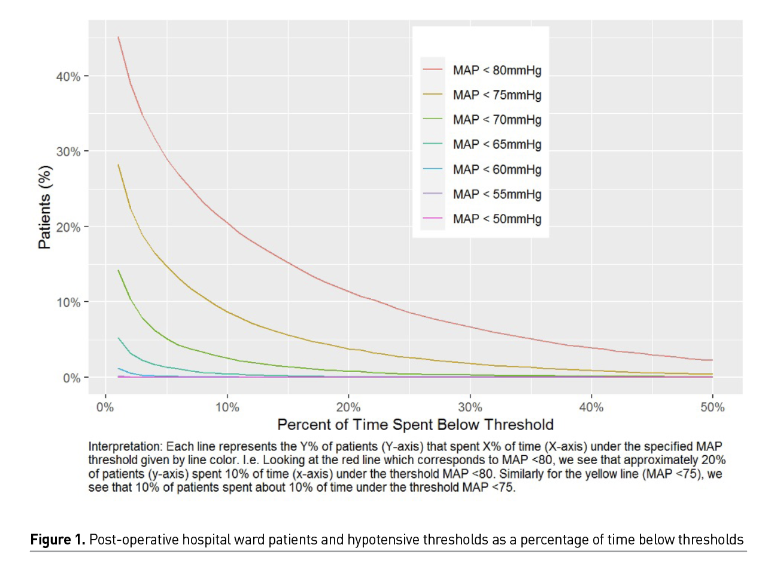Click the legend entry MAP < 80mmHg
pyautogui.click(x=497, y=70)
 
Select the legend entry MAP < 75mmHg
pyautogui.click(x=497, y=95)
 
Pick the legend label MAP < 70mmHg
pyautogui.click(x=497, y=120)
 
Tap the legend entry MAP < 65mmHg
pyautogui.click(x=497, y=144)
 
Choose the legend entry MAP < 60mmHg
pyautogui.click(x=497, y=170)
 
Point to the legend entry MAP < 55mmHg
pyautogui.click(x=497, y=194)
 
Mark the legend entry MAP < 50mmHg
pyautogui.click(x=497, y=219)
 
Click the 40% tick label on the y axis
pyautogui.click(x=68, y=77)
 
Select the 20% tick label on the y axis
pyautogui.click(x=68, y=228)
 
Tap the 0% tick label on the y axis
pyautogui.click(x=71, y=379)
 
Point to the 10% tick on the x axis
pyautogui.click(x=227, y=408)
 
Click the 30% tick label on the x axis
pyautogui.click(x=470, y=408)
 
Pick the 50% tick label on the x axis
pyautogui.click(x=712, y=408)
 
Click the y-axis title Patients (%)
pyautogui.click(x=44, y=207)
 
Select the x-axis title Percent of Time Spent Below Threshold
pyautogui.click(x=415, y=425)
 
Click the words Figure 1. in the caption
pyautogui.click(x=58, y=540)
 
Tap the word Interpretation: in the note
pyautogui.click(x=125, y=447)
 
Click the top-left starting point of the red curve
pyautogui.click(x=119, y=37)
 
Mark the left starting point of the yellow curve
pyautogui.click(x=119, y=165)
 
